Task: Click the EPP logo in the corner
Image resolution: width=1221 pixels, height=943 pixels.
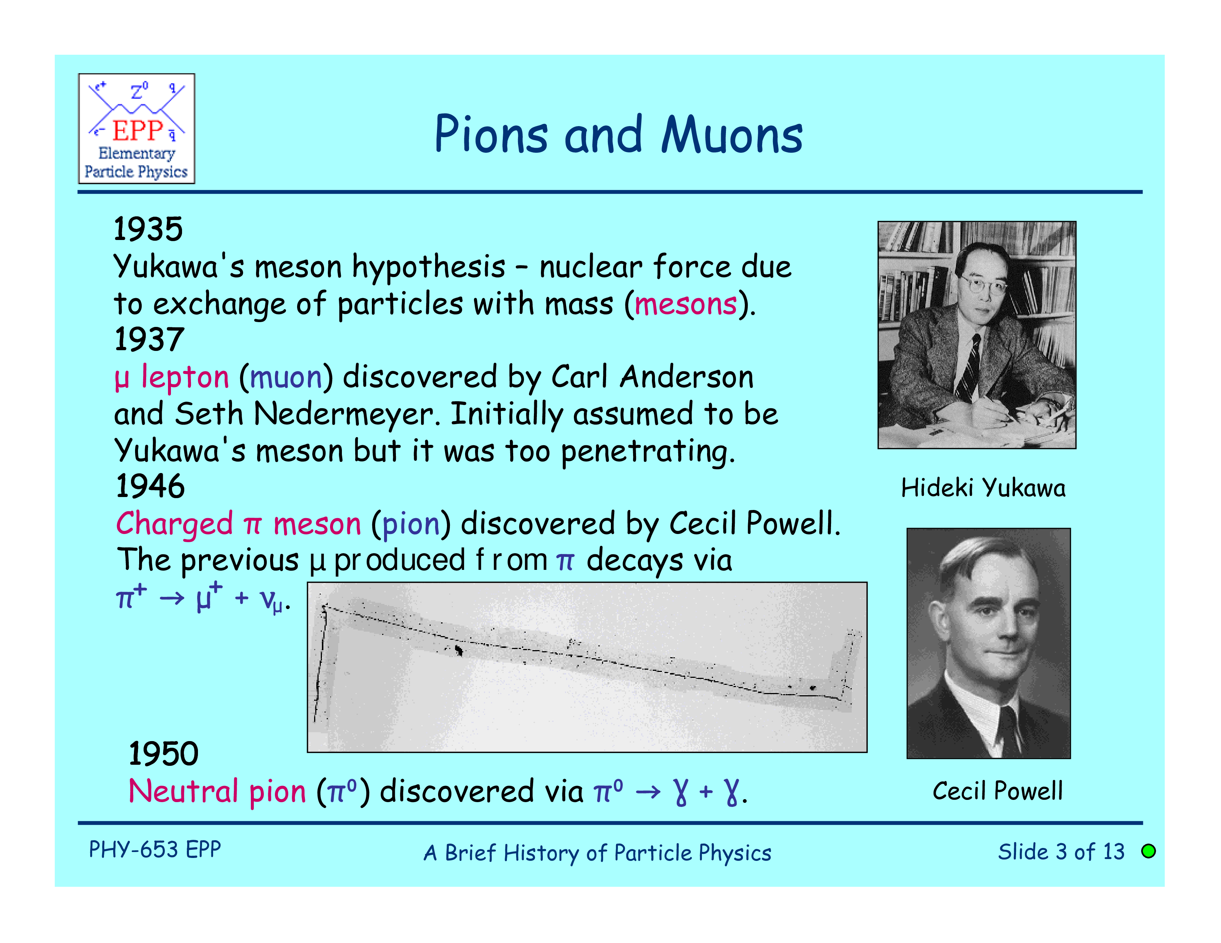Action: (137, 128)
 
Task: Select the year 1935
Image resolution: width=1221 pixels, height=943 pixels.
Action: (148, 229)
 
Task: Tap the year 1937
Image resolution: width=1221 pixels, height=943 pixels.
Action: (149, 339)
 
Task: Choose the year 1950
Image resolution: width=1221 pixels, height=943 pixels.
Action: (163, 754)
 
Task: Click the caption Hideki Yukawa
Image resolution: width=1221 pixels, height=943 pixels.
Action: (983, 488)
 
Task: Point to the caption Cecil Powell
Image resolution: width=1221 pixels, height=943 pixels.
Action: (998, 791)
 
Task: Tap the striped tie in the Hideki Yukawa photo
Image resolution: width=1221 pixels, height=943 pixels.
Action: (969, 369)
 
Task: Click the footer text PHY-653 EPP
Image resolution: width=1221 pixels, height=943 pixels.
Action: (155, 850)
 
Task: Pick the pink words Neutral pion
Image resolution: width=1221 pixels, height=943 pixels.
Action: (218, 792)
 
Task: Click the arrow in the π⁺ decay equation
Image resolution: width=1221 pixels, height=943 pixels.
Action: (172, 598)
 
